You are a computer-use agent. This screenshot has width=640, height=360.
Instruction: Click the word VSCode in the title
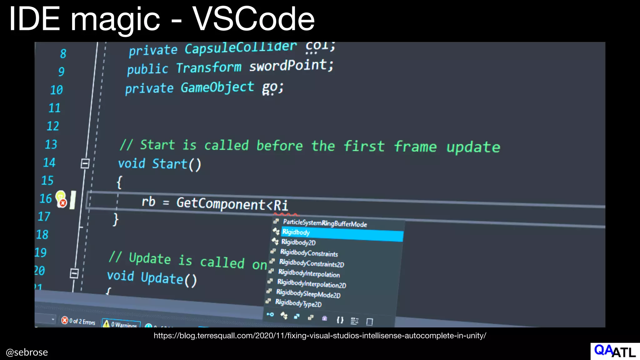(x=253, y=19)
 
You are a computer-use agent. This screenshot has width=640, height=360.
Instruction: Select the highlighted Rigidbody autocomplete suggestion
(x=296, y=232)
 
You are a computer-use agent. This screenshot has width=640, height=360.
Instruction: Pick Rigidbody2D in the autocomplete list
(x=298, y=242)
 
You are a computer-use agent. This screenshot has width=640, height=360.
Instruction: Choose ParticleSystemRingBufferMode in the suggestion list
(x=325, y=223)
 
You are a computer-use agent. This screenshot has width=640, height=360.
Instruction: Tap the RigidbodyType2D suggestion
(x=298, y=303)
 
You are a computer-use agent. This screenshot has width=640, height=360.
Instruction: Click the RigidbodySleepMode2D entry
(x=308, y=294)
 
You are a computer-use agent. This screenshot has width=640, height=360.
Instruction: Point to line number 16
(x=46, y=199)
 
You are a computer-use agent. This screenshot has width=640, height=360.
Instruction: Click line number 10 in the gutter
(x=57, y=90)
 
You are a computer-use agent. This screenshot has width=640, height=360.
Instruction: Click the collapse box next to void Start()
(x=85, y=163)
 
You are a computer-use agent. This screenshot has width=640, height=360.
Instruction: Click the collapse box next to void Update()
(x=74, y=273)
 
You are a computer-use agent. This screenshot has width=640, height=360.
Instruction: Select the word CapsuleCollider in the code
(x=240, y=47)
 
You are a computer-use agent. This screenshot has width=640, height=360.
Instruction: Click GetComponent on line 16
(x=221, y=204)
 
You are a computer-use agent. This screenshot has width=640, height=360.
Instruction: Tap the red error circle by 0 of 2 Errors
(x=65, y=320)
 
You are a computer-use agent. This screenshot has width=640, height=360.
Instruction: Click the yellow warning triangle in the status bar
(x=106, y=323)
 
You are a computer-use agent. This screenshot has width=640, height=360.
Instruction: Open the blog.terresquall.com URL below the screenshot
(x=320, y=336)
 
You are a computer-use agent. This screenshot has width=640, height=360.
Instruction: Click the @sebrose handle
(x=27, y=352)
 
